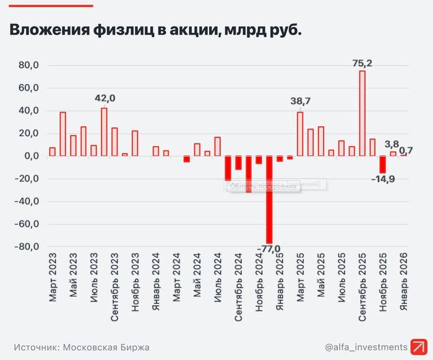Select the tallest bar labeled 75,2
pos(362,113)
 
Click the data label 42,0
pos(105,98)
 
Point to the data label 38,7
pos(300,101)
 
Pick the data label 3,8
pos(392,144)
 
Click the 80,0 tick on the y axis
pos(29,65)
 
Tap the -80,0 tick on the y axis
pos(27,247)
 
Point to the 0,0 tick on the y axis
pos(31,156)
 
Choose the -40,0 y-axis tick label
pos(27,202)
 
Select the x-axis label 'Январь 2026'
pos(403,276)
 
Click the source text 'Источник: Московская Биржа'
pos(82,347)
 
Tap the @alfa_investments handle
pos(366,346)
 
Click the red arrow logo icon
pos(422,346)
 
